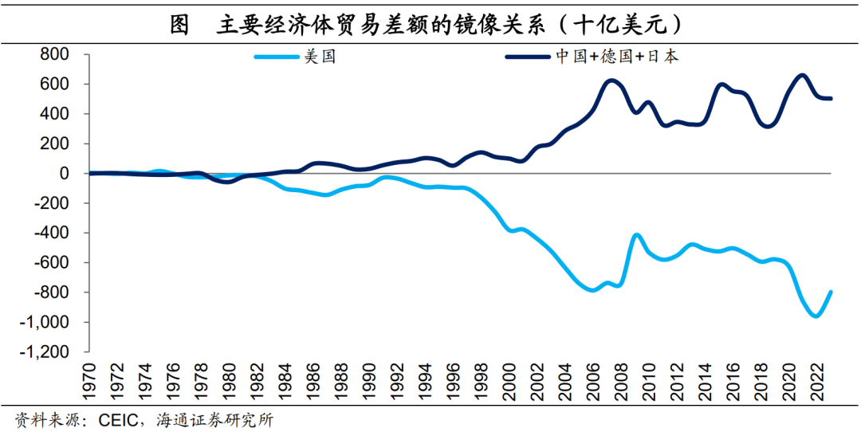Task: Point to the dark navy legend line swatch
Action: tap(529, 57)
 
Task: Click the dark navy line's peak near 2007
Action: tap(611, 81)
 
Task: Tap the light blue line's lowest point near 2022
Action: tap(816, 316)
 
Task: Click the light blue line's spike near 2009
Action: tap(636, 235)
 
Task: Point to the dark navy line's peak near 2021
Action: tap(802, 76)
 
